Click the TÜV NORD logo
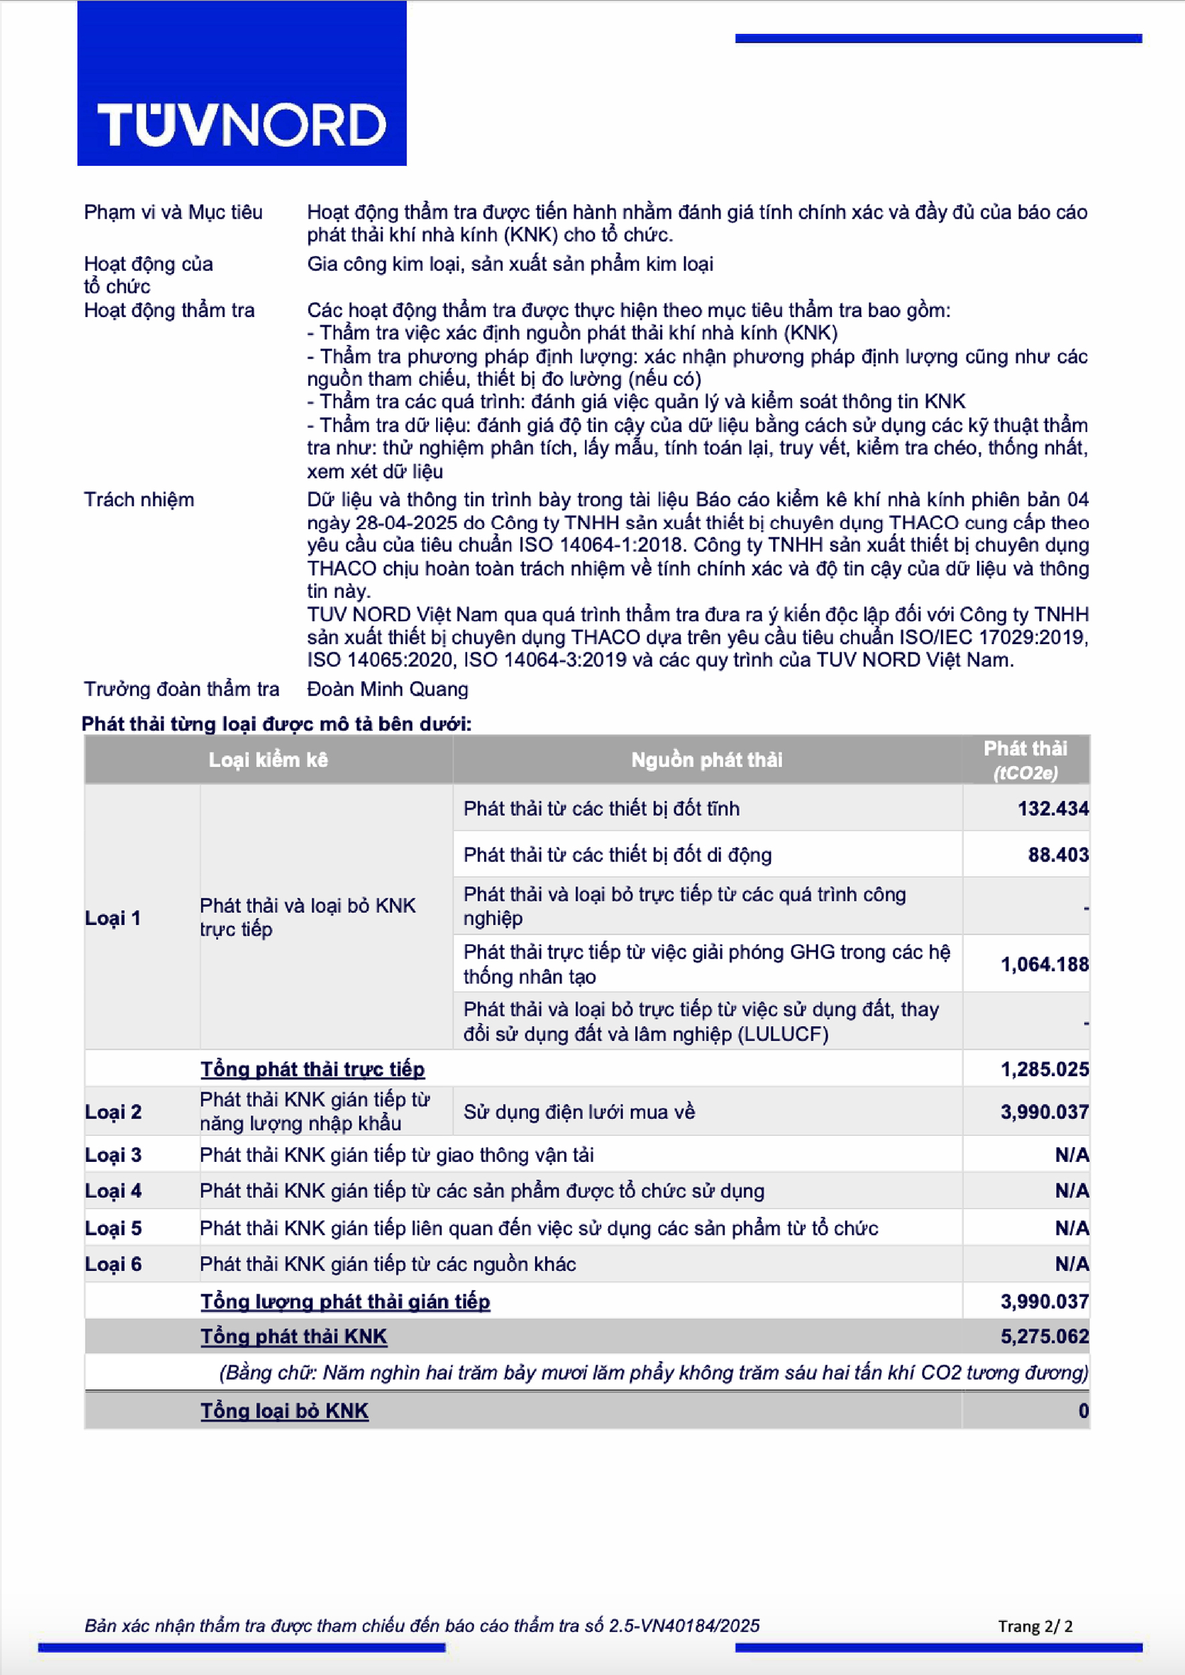pos(241,124)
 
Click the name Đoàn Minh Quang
pos(387,689)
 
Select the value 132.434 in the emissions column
pos(1053,809)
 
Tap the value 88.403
pos(1058,855)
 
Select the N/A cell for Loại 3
pos(1072,1155)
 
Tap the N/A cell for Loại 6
pos(1072,1264)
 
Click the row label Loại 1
pos(113,918)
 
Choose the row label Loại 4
pos(113,1191)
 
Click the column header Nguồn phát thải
pos(706,760)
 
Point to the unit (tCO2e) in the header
pos(1025,773)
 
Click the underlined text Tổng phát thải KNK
pos(294,1337)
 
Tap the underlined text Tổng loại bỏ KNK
pos(285,1411)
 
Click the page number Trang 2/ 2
pos(1035,1626)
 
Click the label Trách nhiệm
pos(138,500)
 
